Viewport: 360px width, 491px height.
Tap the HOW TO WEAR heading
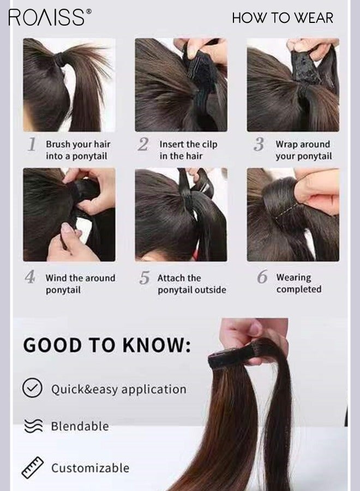(x=282, y=17)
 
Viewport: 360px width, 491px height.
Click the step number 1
(x=32, y=145)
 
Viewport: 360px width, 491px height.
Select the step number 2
(x=143, y=145)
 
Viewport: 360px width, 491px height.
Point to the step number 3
(x=259, y=145)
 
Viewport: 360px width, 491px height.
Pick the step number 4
(x=30, y=277)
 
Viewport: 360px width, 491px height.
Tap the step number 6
(x=262, y=277)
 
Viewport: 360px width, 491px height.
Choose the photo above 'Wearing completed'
(x=293, y=214)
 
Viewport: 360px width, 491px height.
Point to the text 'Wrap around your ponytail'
(x=303, y=151)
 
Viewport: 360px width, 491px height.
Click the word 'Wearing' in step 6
(x=293, y=278)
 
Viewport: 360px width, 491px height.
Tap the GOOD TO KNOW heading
(x=107, y=345)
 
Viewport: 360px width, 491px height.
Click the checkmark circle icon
(x=32, y=388)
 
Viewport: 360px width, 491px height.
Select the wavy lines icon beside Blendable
(x=32, y=426)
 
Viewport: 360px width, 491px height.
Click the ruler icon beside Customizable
(x=32, y=468)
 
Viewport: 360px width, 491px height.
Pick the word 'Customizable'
(x=90, y=468)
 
